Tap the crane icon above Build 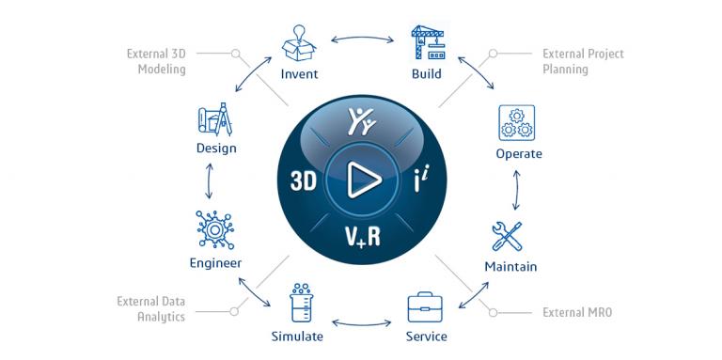(x=427, y=42)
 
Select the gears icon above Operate (x=516, y=123)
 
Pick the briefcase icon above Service (x=426, y=306)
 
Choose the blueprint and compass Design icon (x=215, y=120)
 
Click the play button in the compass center (x=359, y=180)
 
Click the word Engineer (x=215, y=263)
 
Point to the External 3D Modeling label (x=156, y=62)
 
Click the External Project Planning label (x=583, y=61)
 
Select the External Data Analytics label (x=150, y=309)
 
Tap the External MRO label (x=577, y=312)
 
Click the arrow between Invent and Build (x=363, y=39)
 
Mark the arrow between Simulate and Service (x=362, y=326)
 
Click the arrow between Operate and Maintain (x=516, y=194)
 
